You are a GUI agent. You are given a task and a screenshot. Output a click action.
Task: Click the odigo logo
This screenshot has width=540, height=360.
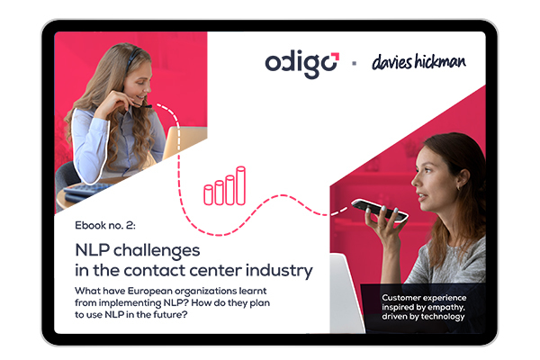point(302,65)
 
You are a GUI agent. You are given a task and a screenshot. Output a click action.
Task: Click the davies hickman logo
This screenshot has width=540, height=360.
point(418,62)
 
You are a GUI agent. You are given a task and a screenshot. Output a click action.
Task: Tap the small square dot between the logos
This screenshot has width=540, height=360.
point(354,63)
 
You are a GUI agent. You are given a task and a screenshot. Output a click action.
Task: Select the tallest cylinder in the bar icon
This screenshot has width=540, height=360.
point(240,185)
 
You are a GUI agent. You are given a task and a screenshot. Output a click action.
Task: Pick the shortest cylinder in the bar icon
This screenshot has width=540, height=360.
point(209,195)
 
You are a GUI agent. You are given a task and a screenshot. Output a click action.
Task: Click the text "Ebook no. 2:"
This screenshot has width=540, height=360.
point(105,225)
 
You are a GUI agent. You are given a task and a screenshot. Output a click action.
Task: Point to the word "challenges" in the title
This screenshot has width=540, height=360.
point(157,251)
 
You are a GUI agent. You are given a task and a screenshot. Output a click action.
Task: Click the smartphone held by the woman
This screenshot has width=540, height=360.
point(380,210)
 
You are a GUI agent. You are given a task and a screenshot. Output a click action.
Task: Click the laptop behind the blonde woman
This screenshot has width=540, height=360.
point(184,142)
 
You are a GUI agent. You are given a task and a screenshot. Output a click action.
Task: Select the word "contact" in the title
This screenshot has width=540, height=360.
point(156,271)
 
